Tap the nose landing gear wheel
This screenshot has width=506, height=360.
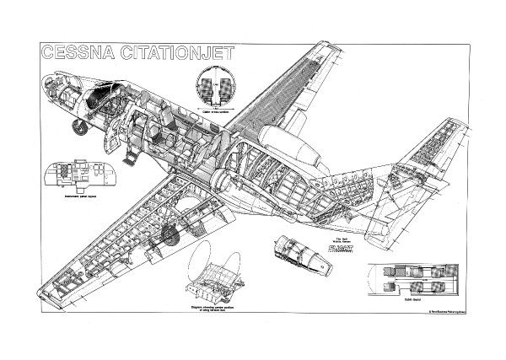click(x=80, y=127)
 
